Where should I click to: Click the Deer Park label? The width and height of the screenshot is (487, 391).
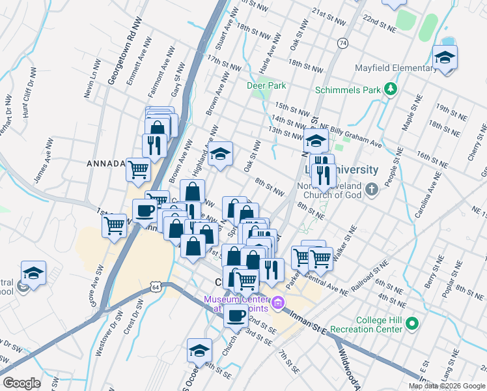266,85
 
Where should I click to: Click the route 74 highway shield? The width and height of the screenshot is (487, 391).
342,42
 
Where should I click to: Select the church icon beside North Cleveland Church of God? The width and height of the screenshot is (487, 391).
371,190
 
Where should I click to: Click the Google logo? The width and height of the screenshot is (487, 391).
21,383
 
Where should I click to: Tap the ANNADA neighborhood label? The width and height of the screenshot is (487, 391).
105,164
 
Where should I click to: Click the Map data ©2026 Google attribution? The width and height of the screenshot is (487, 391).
447,386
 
